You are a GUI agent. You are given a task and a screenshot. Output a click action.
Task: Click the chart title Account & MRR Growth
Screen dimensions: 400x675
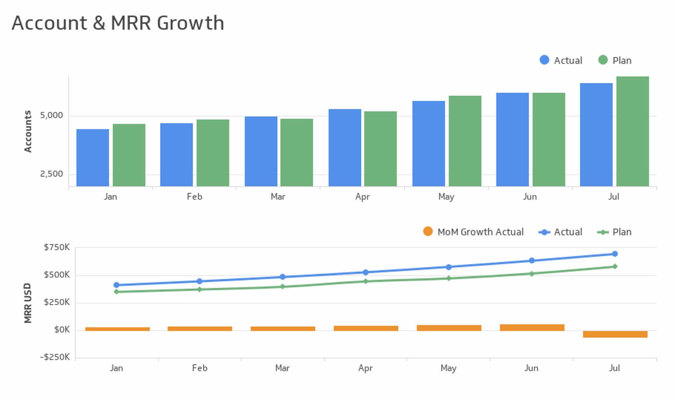click(x=118, y=23)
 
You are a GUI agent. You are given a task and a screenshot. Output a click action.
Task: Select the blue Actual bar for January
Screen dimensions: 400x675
click(x=93, y=157)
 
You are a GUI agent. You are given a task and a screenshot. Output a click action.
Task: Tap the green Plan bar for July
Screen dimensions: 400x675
click(x=632, y=131)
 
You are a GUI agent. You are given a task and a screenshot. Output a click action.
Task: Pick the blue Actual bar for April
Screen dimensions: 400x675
click(x=345, y=147)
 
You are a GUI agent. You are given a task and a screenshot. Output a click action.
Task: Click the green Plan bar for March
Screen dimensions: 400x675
click(x=297, y=152)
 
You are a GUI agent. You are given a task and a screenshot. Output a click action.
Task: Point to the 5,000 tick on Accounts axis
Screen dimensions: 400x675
click(x=51, y=116)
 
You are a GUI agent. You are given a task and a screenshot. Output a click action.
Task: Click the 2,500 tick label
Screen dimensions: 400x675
click(x=51, y=174)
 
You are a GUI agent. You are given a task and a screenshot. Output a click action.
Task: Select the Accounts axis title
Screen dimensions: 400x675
click(x=28, y=131)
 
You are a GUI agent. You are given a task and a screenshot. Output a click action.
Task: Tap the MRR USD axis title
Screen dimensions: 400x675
click(x=28, y=303)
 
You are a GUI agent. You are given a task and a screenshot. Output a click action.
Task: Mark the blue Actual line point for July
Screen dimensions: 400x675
click(x=615, y=254)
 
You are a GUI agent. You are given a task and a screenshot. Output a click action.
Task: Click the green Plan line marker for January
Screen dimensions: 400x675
click(x=116, y=292)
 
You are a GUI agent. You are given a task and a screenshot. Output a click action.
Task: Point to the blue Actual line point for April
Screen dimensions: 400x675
click(x=365, y=272)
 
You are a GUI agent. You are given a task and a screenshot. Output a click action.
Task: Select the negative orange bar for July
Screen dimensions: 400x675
click(x=615, y=334)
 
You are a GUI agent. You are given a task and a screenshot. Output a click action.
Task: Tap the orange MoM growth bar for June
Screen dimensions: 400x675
click(x=532, y=327)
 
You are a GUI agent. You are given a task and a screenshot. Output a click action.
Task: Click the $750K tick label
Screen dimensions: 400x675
click(x=57, y=247)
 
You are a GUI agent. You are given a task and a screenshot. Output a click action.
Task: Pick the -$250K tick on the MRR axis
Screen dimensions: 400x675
click(x=55, y=357)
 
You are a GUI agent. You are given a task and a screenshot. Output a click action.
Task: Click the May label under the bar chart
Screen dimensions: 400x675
click(x=446, y=197)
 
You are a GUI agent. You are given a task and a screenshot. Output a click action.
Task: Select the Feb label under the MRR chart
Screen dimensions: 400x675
click(x=200, y=368)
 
